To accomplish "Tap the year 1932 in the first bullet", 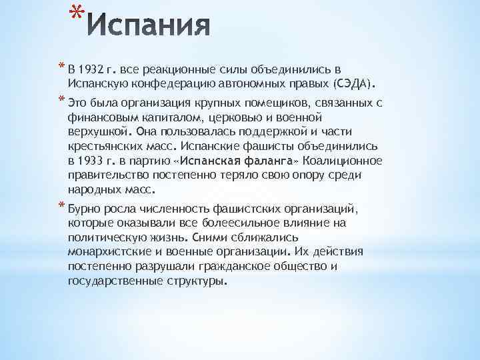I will click(x=92, y=71).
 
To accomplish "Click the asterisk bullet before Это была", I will click(x=61, y=101).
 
